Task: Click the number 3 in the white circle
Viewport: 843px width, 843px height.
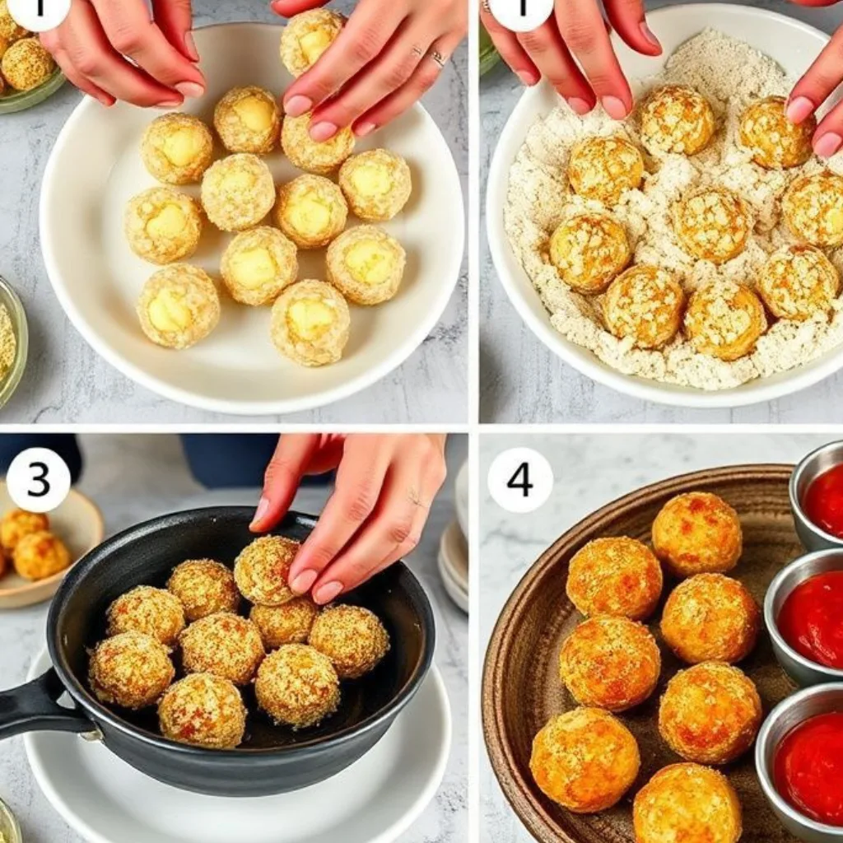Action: click(x=38, y=480)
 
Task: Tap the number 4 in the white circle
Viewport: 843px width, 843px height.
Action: click(x=519, y=480)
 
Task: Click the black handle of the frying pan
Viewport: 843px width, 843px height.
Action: click(x=33, y=706)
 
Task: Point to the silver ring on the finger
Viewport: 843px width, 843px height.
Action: click(x=438, y=58)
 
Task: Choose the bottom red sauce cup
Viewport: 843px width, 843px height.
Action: click(x=808, y=766)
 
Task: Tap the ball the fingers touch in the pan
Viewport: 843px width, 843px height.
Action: click(x=266, y=570)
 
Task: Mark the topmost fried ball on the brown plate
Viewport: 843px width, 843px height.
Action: click(x=696, y=533)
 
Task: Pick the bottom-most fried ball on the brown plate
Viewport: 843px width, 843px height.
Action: click(x=687, y=803)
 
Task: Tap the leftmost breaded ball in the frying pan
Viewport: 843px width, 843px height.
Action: click(x=131, y=669)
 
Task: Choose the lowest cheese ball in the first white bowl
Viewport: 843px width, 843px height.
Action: click(x=310, y=322)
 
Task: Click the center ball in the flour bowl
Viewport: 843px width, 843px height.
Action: click(x=710, y=224)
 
